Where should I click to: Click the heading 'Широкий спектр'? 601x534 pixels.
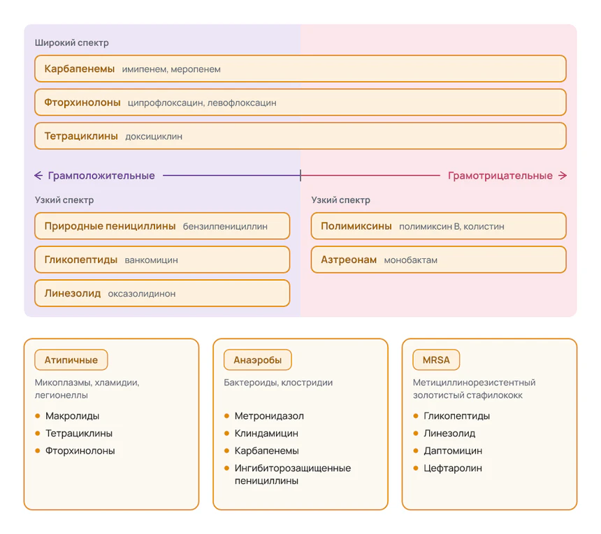pyautogui.click(x=72, y=43)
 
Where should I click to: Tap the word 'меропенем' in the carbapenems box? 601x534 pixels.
pyautogui.click(x=196, y=69)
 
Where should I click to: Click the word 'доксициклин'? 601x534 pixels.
pyautogui.click(x=154, y=137)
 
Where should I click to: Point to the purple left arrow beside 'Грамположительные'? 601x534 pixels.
pyautogui.click(x=38, y=176)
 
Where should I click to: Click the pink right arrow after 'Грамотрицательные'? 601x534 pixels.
pyautogui.click(x=563, y=176)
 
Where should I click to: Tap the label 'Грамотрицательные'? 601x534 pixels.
pyautogui.click(x=500, y=176)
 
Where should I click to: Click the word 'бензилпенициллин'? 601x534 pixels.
pyautogui.click(x=225, y=227)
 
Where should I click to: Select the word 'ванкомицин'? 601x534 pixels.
pyautogui.click(x=152, y=260)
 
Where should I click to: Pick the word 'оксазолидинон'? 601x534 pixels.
pyautogui.click(x=142, y=294)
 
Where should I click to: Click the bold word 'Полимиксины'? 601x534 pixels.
pyautogui.click(x=356, y=226)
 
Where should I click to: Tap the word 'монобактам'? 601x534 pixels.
pyautogui.click(x=410, y=260)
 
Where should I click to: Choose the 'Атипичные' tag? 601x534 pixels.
pyautogui.click(x=71, y=359)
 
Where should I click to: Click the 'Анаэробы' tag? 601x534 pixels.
pyautogui.click(x=258, y=359)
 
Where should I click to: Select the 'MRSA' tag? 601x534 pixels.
pyautogui.click(x=436, y=359)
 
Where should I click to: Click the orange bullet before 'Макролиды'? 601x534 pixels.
pyautogui.click(x=38, y=416)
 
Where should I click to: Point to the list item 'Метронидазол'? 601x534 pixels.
pyautogui.click(x=269, y=416)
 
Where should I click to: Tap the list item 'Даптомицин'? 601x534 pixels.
pyautogui.click(x=453, y=451)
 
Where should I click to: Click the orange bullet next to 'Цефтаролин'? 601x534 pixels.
pyautogui.click(x=416, y=468)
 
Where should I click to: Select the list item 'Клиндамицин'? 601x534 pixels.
pyautogui.click(x=266, y=433)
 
